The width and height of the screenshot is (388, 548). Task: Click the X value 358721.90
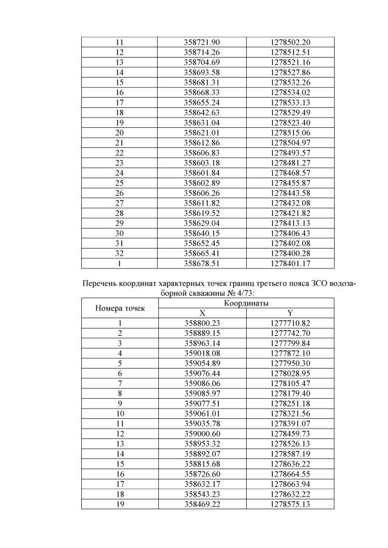coord(201,42)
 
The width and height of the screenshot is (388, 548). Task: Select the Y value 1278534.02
coord(290,92)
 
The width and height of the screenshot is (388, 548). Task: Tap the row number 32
coord(119,253)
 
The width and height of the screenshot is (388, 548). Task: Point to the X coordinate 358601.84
coord(201,173)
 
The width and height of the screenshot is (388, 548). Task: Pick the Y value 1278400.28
coord(290,253)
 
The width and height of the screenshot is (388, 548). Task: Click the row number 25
coord(119,183)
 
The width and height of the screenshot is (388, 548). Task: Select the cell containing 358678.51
coord(201,264)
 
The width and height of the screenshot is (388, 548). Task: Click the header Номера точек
coord(120,308)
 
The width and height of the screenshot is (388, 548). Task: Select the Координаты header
coord(246,302)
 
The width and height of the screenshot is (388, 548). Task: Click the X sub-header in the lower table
coord(202,313)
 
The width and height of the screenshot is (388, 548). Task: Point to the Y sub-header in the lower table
coord(290,313)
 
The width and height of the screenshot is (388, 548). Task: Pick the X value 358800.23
coord(201,323)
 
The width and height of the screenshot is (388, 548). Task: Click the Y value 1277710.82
coord(290,323)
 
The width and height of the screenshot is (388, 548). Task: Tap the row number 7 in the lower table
coord(120,384)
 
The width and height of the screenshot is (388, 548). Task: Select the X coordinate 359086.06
coord(201,384)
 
